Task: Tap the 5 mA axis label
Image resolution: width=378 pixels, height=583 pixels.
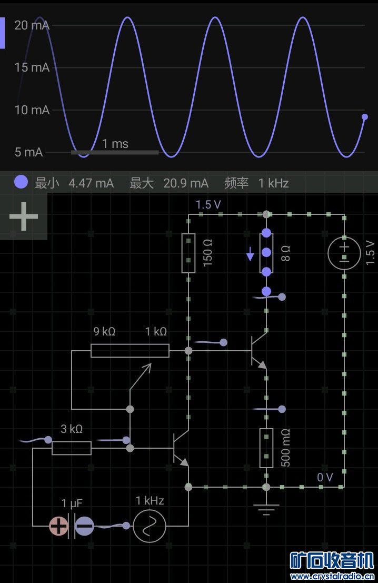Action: pyautogui.click(x=28, y=152)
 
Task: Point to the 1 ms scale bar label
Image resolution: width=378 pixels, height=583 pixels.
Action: pyautogui.click(x=115, y=143)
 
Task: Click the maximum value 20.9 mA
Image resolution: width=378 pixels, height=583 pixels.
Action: pyautogui.click(x=186, y=183)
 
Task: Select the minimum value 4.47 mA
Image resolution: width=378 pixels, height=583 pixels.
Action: pyautogui.click(x=91, y=183)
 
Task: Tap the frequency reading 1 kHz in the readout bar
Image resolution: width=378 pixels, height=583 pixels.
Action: pyautogui.click(x=273, y=183)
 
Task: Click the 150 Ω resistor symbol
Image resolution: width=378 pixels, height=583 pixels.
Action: pyautogui.click(x=188, y=253)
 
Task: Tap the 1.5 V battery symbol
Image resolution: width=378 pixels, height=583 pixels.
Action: pyautogui.click(x=344, y=252)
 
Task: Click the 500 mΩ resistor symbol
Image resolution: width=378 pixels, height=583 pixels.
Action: pyautogui.click(x=266, y=448)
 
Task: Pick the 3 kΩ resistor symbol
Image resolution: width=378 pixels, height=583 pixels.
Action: pyautogui.click(x=71, y=448)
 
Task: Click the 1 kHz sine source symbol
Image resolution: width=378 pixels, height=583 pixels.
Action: pyautogui.click(x=150, y=526)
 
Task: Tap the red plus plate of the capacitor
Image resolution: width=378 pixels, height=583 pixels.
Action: pyautogui.click(x=58, y=526)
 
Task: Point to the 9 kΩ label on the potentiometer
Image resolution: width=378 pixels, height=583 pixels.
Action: pyautogui.click(x=104, y=331)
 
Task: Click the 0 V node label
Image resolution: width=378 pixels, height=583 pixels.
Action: pyautogui.click(x=325, y=477)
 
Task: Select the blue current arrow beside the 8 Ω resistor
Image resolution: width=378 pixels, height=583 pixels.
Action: pyautogui.click(x=251, y=256)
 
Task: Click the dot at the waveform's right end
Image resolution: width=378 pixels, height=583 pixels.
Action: pyautogui.click(x=365, y=117)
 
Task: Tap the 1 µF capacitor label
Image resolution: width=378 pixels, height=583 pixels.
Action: pyautogui.click(x=71, y=503)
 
